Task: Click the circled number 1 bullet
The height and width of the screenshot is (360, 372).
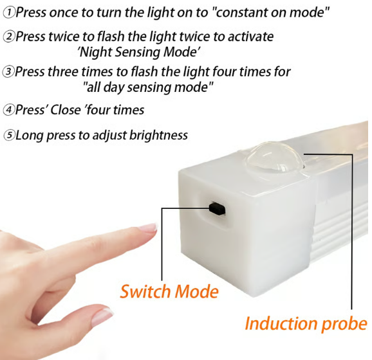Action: click(x=9, y=13)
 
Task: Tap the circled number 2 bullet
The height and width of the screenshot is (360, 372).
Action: click(x=9, y=37)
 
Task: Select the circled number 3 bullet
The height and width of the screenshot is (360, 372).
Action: click(x=8, y=72)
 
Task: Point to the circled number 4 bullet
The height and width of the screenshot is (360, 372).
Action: click(x=8, y=110)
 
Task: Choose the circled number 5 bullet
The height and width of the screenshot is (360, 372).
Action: click(x=9, y=136)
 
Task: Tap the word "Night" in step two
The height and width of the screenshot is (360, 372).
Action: click(x=95, y=52)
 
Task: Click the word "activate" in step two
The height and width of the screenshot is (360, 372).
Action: click(x=250, y=37)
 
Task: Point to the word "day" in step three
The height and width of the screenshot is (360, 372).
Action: click(x=114, y=87)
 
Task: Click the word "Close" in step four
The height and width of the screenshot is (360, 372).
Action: click(x=65, y=110)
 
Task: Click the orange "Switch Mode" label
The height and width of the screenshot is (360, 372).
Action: click(x=169, y=291)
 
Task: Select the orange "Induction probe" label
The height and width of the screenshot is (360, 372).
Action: click(x=306, y=324)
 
